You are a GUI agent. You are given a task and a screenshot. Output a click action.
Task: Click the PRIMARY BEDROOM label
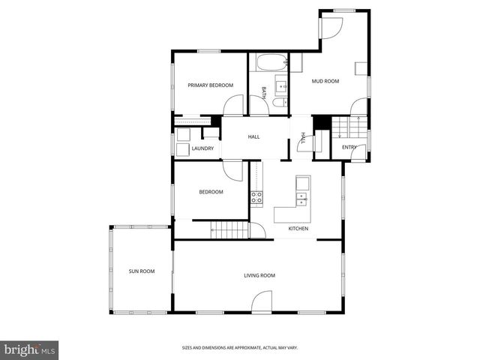(x=211, y=85)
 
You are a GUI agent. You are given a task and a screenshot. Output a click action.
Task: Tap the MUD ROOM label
(x=325, y=80)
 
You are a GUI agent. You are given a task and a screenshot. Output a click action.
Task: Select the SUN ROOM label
(x=142, y=271)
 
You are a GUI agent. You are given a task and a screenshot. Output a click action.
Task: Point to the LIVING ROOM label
(x=259, y=275)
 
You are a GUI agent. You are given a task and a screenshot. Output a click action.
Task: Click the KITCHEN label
(x=298, y=229)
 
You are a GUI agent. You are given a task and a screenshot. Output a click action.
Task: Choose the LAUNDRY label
(x=202, y=148)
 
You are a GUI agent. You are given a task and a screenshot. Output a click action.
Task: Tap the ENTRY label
(x=349, y=147)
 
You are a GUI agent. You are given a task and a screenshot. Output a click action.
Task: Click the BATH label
(x=264, y=92)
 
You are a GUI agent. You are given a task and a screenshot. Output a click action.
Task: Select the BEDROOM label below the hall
(x=211, y=192)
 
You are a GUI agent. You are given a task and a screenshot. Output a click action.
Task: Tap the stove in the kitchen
(x=256, y=198)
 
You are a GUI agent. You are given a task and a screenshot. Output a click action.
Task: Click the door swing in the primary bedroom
(x=235, y=106)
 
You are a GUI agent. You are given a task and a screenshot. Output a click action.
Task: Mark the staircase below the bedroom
(x=228, y=231)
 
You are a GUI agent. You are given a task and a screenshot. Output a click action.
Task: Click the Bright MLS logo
(x=30, y=349)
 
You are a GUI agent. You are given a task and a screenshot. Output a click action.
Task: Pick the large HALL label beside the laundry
(x=253, y=136)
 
